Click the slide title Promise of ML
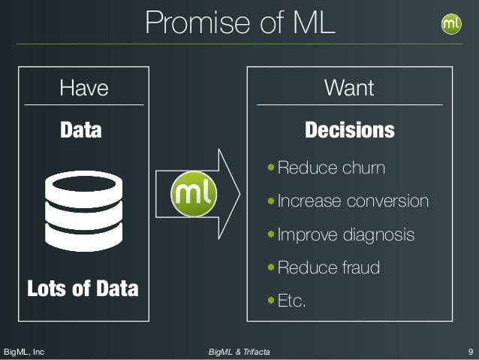point(239,23)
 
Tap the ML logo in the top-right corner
point(451,23)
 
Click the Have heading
point(84,89)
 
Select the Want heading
point(348,89)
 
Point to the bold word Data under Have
point(81,131)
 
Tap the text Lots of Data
point(83,288)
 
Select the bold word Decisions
point(349,131)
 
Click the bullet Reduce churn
point(331,168)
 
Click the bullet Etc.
point(292,301)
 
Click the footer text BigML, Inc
point(25,351)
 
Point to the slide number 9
point(469,351)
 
